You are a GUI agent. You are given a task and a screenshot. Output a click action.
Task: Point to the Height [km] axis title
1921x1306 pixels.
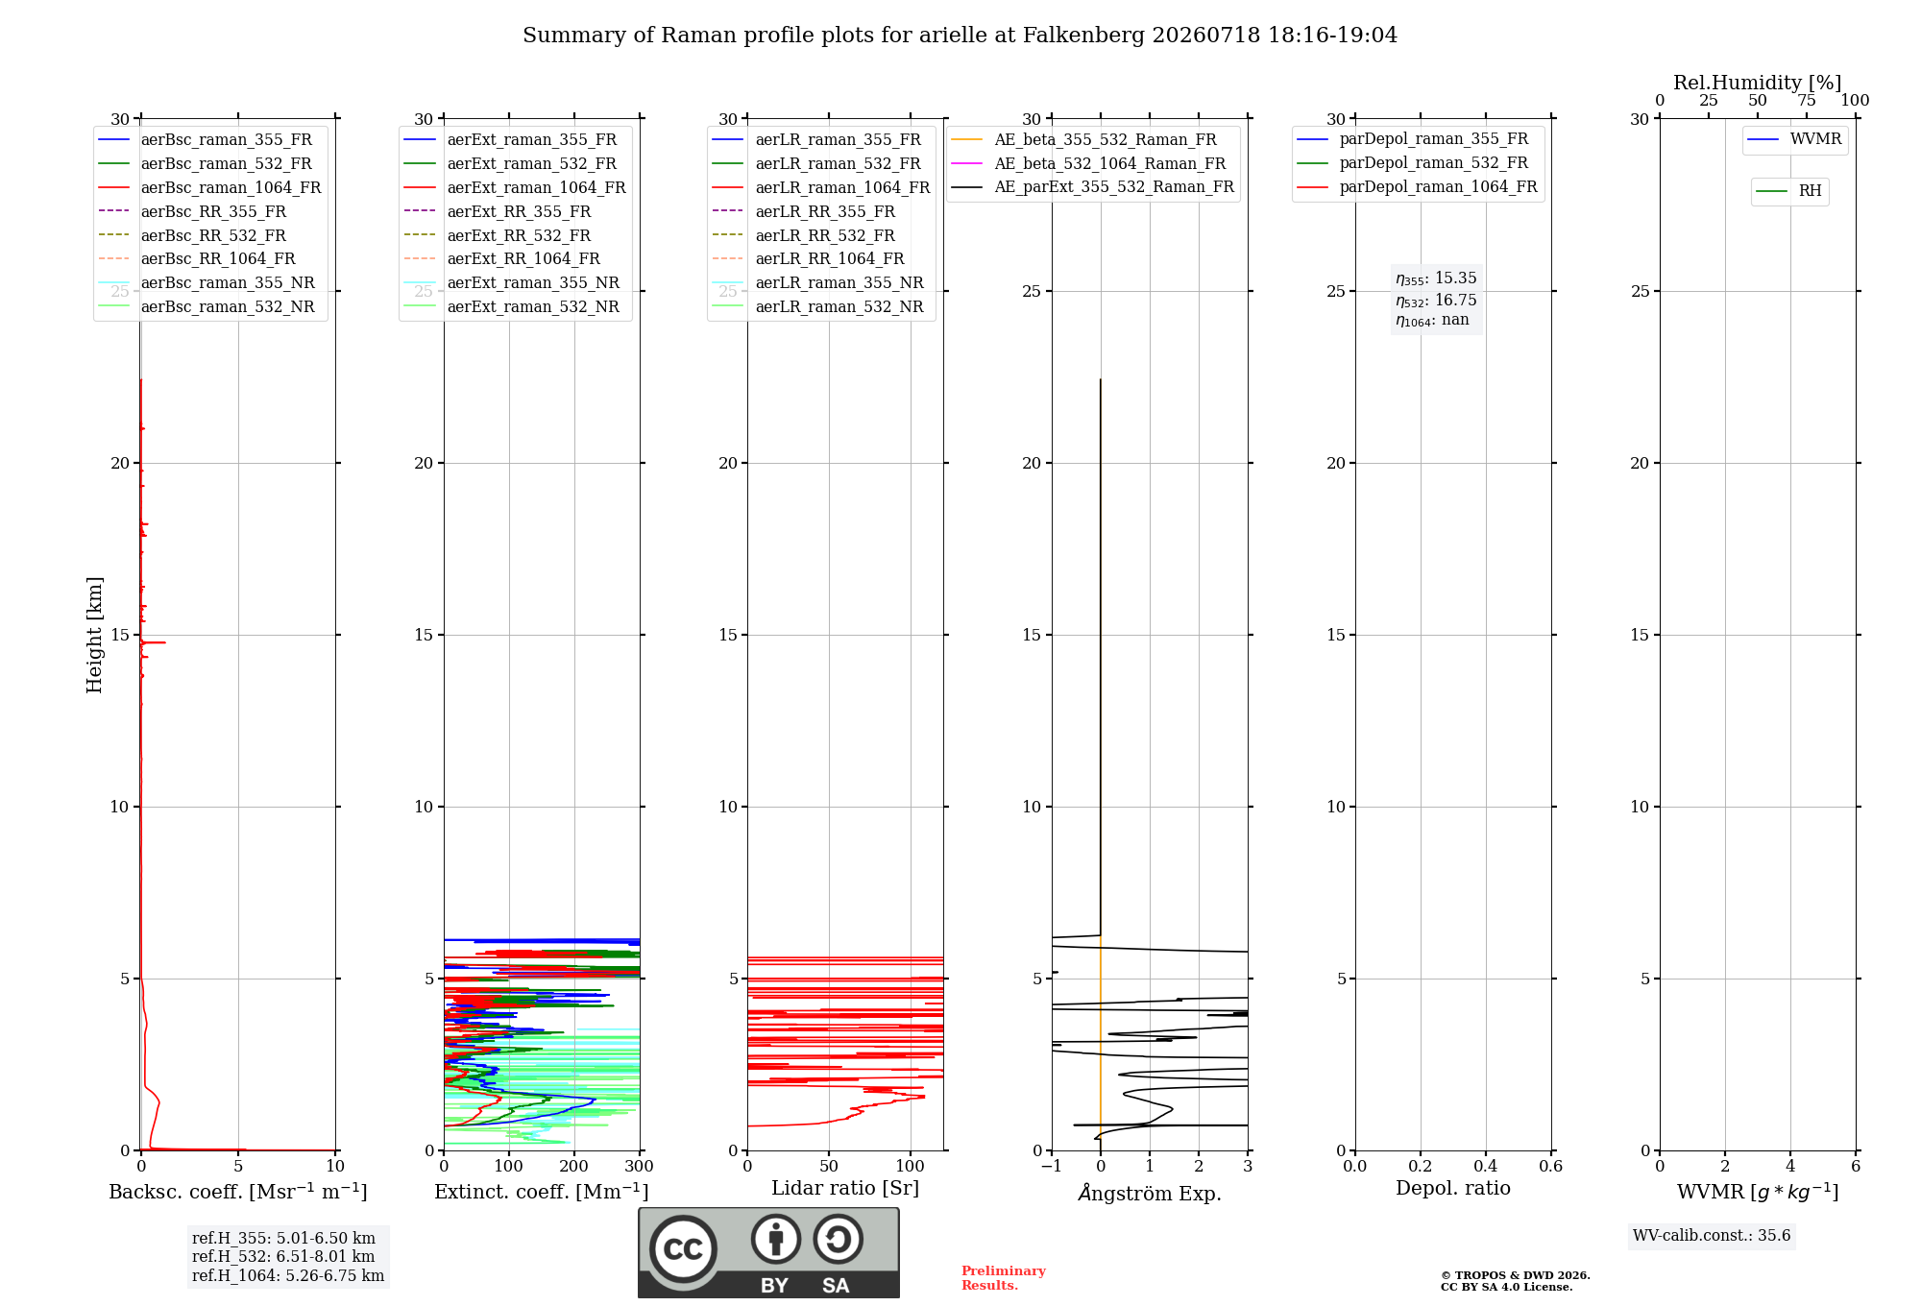tap(94, 635)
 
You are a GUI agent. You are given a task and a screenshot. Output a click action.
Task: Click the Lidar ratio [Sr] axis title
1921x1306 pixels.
tap(845, 1188)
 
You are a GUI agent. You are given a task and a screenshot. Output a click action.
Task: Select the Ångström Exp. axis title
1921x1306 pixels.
tap(1150, 1193)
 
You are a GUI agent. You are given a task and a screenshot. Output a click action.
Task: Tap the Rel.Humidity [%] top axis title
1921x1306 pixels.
tap(1758, 83)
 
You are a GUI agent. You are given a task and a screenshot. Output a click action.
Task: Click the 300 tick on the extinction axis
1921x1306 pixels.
tap(639, 1166)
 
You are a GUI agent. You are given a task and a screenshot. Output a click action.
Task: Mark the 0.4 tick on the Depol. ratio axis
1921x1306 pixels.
tap(1485, 1166)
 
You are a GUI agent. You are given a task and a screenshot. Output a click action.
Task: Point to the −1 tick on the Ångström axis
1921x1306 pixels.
tap(1052, 1166)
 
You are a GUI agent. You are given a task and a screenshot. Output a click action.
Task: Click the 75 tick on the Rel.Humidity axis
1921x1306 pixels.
tap(1807, 101)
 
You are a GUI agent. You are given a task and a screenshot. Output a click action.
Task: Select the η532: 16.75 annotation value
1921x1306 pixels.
tap(1436, 301)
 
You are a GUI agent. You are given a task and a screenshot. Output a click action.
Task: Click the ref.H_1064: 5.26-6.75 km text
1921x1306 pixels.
tap(288, 1275)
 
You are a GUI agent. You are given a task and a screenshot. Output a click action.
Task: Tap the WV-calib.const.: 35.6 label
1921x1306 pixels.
tap(1712, 1236)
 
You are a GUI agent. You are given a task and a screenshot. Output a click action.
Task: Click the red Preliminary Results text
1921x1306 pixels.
tap(1004, 1278)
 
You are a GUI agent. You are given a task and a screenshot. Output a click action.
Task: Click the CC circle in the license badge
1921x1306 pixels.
tap(683, 1248)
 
